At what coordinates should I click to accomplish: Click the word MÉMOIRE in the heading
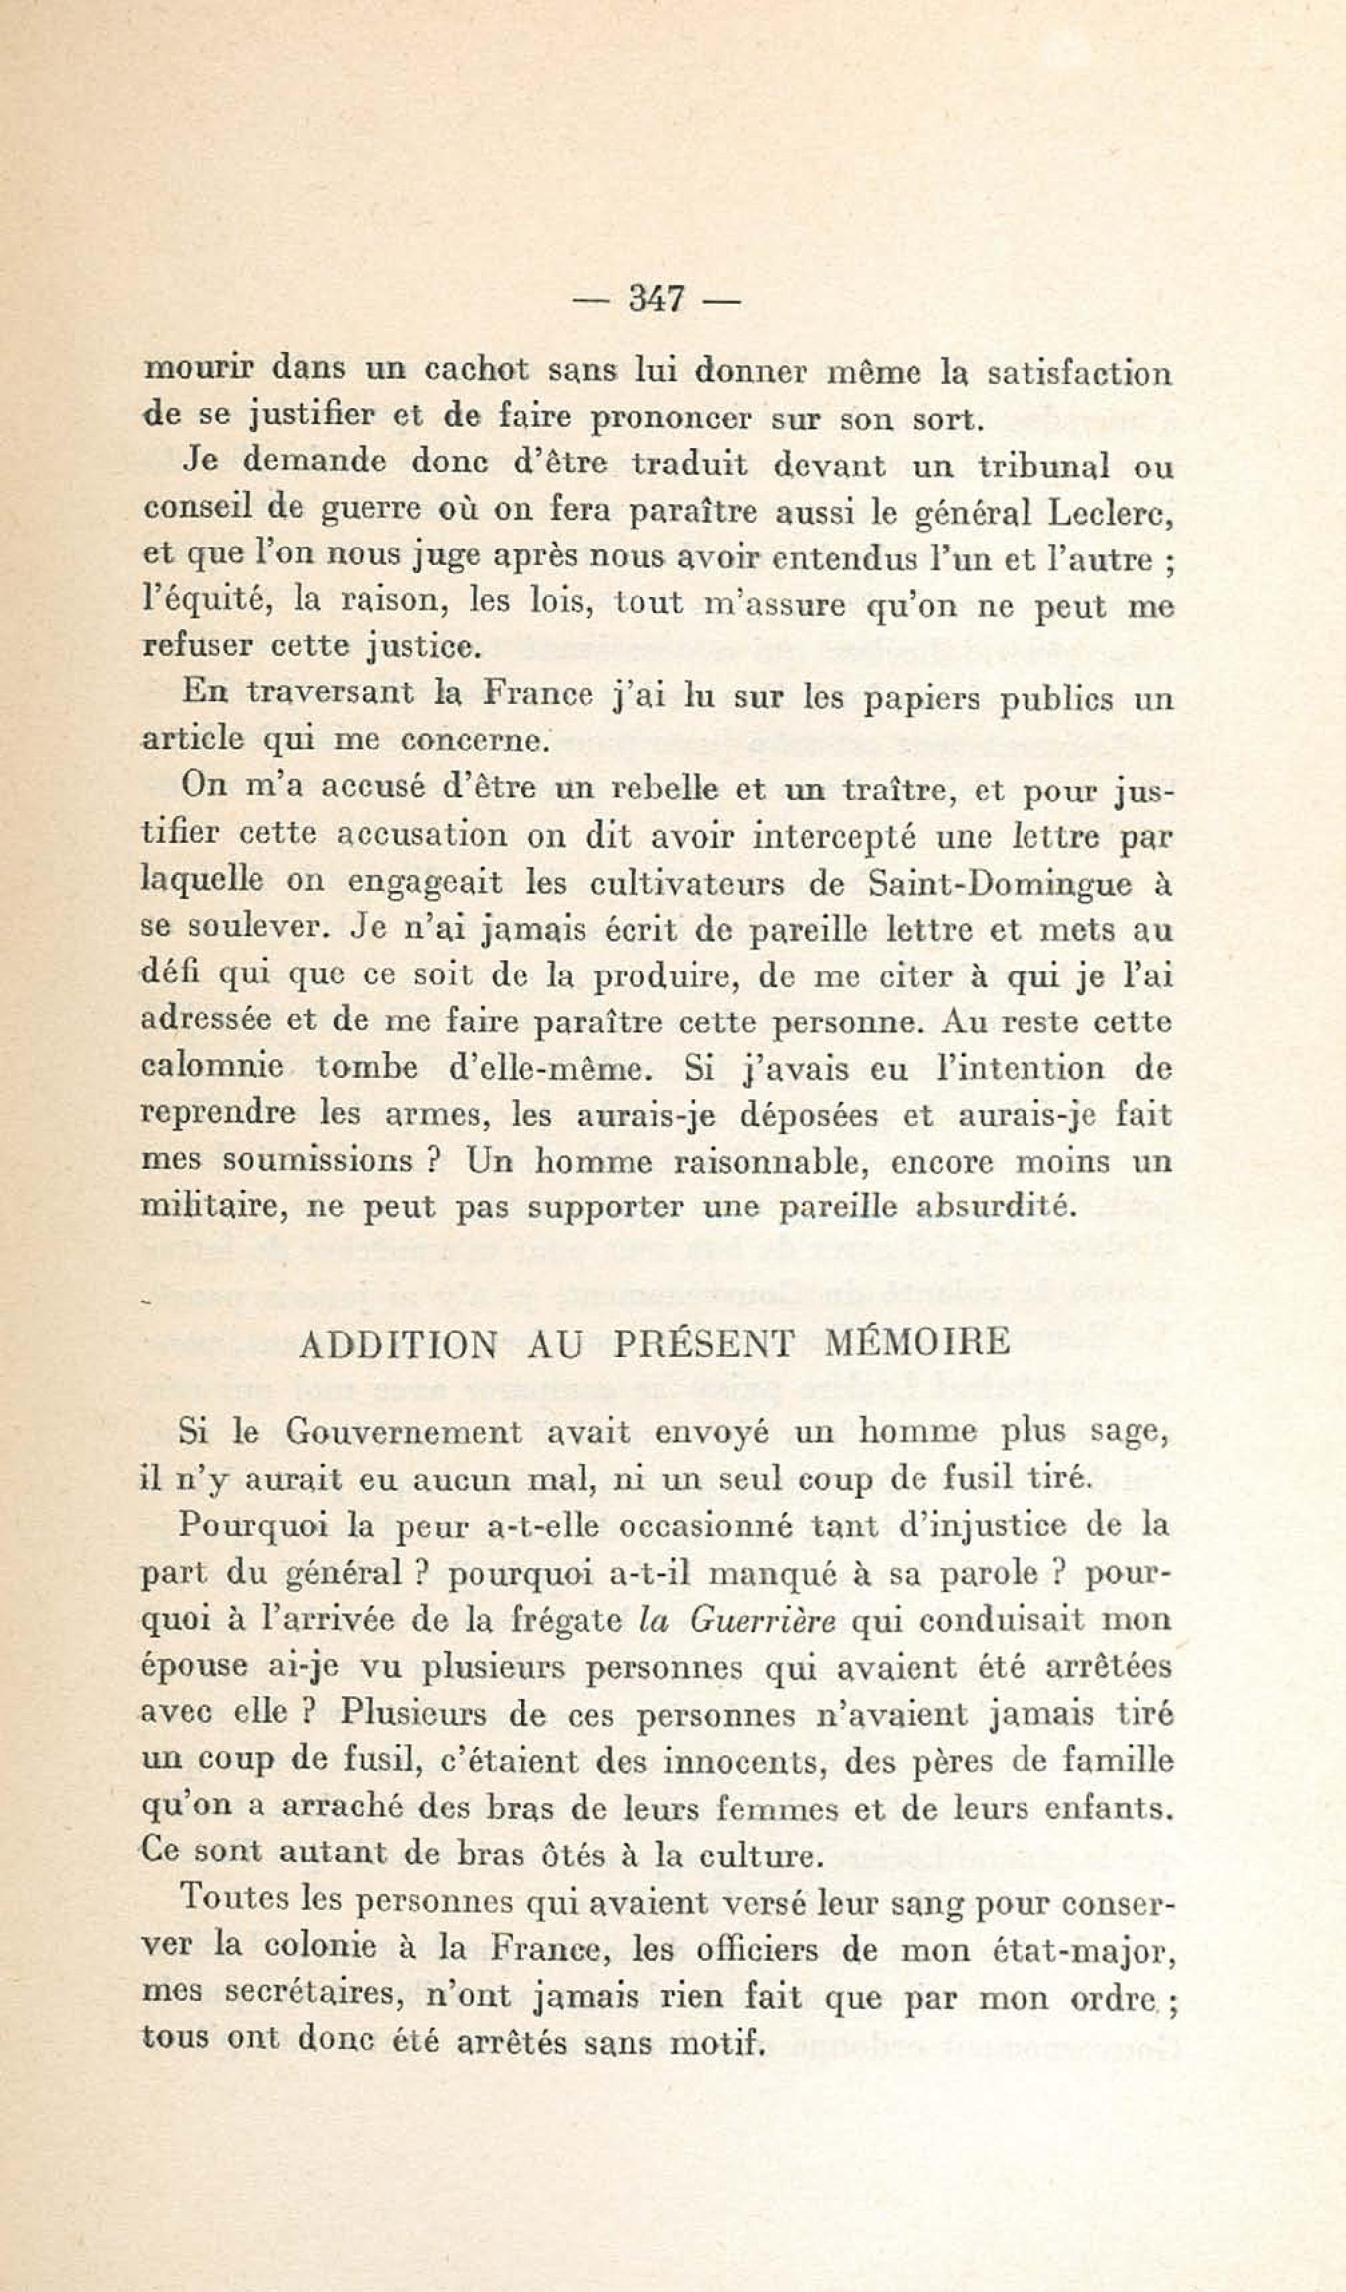coord(916,1342)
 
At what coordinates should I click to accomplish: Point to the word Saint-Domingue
coord(999,884)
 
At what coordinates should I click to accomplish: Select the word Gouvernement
coord(403,1432)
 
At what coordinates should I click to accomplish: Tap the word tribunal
coord(1043,467)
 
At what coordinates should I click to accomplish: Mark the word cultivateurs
coord(687,884)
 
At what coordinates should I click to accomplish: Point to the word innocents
coord(744,1762)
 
